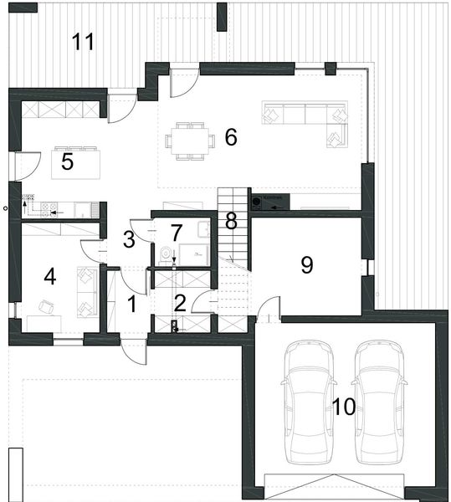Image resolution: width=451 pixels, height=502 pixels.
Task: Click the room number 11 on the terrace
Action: tap(83, 41)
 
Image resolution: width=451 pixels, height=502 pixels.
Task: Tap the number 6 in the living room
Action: tap(231, 136)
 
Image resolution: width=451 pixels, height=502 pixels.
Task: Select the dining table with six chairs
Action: tap(189, 139)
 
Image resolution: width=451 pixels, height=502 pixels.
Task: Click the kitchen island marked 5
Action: tap(76, 161)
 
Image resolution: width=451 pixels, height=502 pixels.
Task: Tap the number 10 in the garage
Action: tap(343, 407)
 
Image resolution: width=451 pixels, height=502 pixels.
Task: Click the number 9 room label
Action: tap(306, 264)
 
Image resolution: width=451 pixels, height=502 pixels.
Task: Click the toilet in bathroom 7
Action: tap(167, 254)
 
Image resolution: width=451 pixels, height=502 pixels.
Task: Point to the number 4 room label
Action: tap(50, 276)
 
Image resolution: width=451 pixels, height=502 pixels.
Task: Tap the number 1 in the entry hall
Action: tap(131, 305)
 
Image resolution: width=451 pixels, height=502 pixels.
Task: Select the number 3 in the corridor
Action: tap(128, 239)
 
